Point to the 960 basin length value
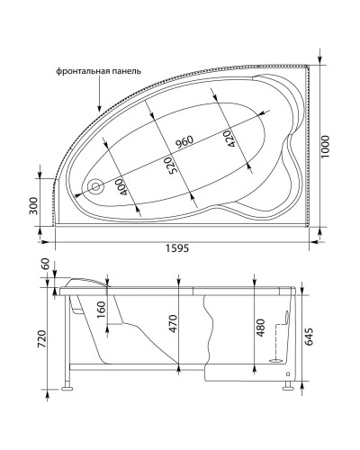coord(184,141)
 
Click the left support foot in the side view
coord(67,391)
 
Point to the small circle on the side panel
coord(286,373)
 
